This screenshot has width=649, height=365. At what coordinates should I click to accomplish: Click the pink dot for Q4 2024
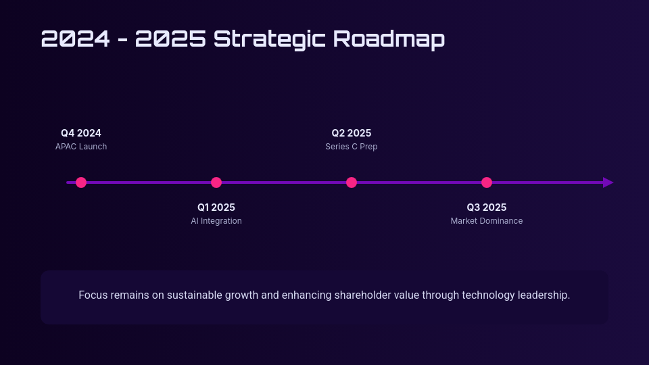click(x=81, y=182)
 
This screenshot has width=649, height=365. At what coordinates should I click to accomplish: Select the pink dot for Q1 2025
click(x=216, y=182)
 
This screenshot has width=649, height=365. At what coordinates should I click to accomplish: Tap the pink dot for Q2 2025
click(x=352, y=182)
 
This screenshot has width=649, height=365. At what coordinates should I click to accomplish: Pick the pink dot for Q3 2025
click(x=487, y=182)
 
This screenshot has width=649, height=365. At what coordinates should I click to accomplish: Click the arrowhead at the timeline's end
click(x=608, y=182)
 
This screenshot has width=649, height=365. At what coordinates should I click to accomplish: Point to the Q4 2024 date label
click(x=81, y=133)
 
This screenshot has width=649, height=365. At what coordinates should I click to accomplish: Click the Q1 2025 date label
click(x=216, y=208)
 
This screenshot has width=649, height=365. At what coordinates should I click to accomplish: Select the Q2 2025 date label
click(x=352, y=133)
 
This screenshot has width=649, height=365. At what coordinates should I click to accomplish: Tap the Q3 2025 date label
click(x=487, y=208)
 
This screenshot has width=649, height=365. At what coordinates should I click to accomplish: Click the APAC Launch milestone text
click(x=81, y=147)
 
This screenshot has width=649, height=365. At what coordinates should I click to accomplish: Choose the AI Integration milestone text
click(x=216, y=221)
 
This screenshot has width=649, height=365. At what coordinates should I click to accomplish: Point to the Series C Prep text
click(x=352, y=147)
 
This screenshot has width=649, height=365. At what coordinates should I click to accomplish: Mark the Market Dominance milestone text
click(x=487, y=221)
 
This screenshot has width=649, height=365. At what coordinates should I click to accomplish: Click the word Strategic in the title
click(x=269, y=39)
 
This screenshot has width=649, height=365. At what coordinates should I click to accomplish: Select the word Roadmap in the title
click(x=389, y=39)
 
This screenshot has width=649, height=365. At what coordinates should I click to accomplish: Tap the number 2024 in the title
click(x=75, y=39)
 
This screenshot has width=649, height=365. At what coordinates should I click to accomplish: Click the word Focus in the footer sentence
click(x=93, y=295)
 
